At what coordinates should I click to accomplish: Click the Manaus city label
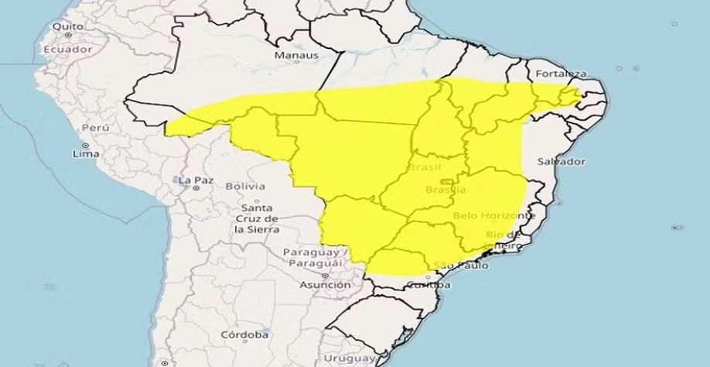[x=296, y=56]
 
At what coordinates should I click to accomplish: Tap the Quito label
[x=67, y=26]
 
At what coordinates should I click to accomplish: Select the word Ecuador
[x=67, y=49]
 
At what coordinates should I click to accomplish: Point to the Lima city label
[x=86, y=154]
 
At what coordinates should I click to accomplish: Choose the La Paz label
[x=195, y=181]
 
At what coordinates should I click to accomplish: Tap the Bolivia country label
[x=244, y=187]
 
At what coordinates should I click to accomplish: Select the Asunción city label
[x=325, y=285]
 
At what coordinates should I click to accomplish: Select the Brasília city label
[x=445, y=190]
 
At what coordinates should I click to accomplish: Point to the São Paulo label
[x=462, y=266]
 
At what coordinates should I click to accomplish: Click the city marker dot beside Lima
[x=85, y=145]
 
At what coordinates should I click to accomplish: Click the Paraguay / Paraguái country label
[x=317, y=259]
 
